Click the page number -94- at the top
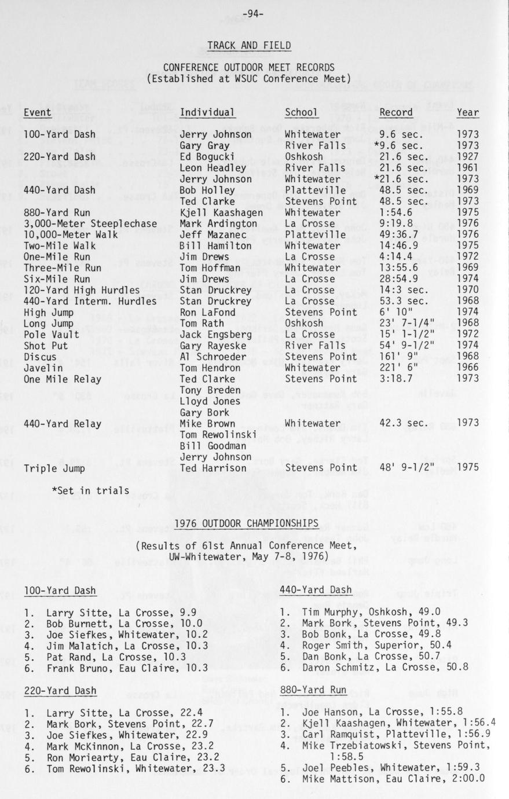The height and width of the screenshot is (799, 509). tap(254, 13)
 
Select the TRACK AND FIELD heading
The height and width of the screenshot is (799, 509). tap(249, 45)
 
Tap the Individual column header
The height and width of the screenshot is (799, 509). tap(207, 112)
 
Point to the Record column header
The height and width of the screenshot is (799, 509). tap(396, 112)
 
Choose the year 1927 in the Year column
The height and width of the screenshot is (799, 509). tap(468, 157)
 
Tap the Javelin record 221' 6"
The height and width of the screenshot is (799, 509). tap(398, 368)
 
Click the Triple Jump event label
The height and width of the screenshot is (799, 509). tap(54, 468)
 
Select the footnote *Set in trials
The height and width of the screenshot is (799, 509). tap(90, 491)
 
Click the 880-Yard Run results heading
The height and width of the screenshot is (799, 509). tap(313, 690)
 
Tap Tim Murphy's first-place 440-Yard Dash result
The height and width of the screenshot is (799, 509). tap(360, 611)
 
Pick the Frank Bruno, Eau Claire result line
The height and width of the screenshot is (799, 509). tap(116, 668)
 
